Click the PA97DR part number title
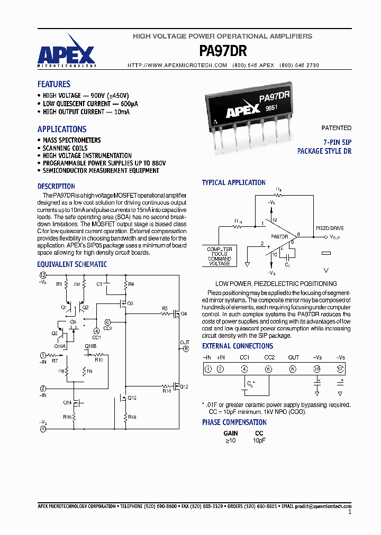222,51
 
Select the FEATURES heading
53,84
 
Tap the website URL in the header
177,65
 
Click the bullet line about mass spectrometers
71,140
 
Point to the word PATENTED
336,128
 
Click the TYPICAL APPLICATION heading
233,182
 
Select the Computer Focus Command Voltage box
219,256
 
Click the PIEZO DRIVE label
330,228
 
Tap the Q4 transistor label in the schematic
184,314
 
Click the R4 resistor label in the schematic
131,284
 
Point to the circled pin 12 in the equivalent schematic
44,275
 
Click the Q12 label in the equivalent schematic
184,386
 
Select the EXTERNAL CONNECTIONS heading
238,346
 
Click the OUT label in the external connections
293,358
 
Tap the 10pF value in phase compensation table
259,440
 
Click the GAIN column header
231,433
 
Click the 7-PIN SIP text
337,143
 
